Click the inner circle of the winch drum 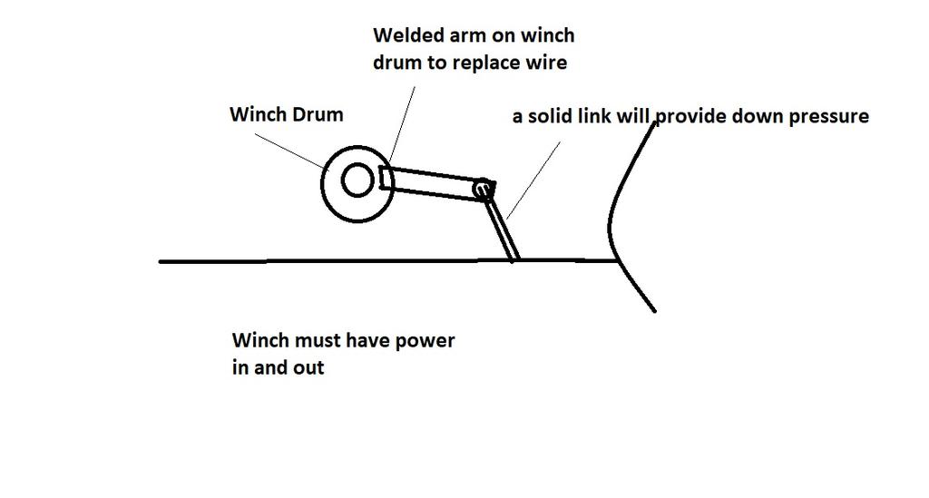coord(357,181)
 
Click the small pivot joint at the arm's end coord(484,189)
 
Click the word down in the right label coord(757,116)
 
